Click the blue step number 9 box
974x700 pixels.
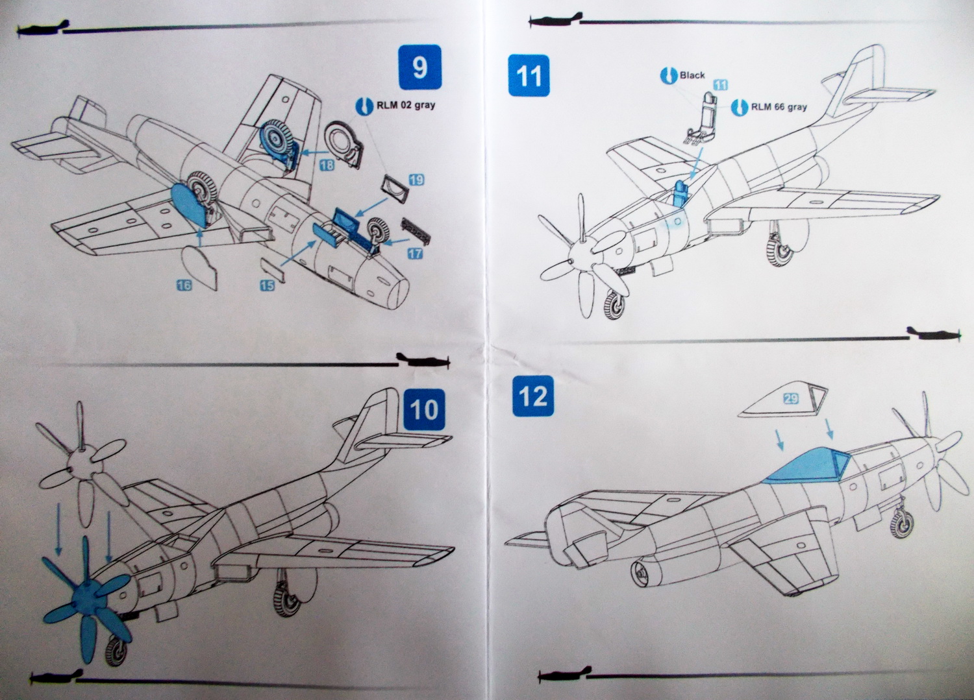point(419,67)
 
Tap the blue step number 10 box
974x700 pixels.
point(424,410)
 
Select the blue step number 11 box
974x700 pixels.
point(529,75)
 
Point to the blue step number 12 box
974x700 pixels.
point(532,396)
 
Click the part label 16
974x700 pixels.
point(184,284)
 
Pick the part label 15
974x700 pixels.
point(267,285)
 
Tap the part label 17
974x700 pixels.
point(414,254)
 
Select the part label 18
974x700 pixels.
point(327,165)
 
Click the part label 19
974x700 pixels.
point(416,180)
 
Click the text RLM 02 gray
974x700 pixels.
point(406,105)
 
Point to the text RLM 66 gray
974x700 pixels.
point(779,107)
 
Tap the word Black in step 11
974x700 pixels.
point(692,75)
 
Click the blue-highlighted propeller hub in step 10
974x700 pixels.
point(84,595)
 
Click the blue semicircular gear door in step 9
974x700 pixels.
point(186,204)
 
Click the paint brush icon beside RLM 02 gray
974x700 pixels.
point(365,105)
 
